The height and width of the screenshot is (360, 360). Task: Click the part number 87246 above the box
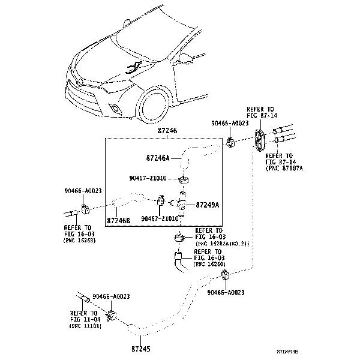point(167,130)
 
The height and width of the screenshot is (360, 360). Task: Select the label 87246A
point(158,158)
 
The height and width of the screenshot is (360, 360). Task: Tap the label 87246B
point(118,220)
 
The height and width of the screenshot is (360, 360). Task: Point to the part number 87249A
point(208,205)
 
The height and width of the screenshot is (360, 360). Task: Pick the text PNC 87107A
point(284,169)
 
